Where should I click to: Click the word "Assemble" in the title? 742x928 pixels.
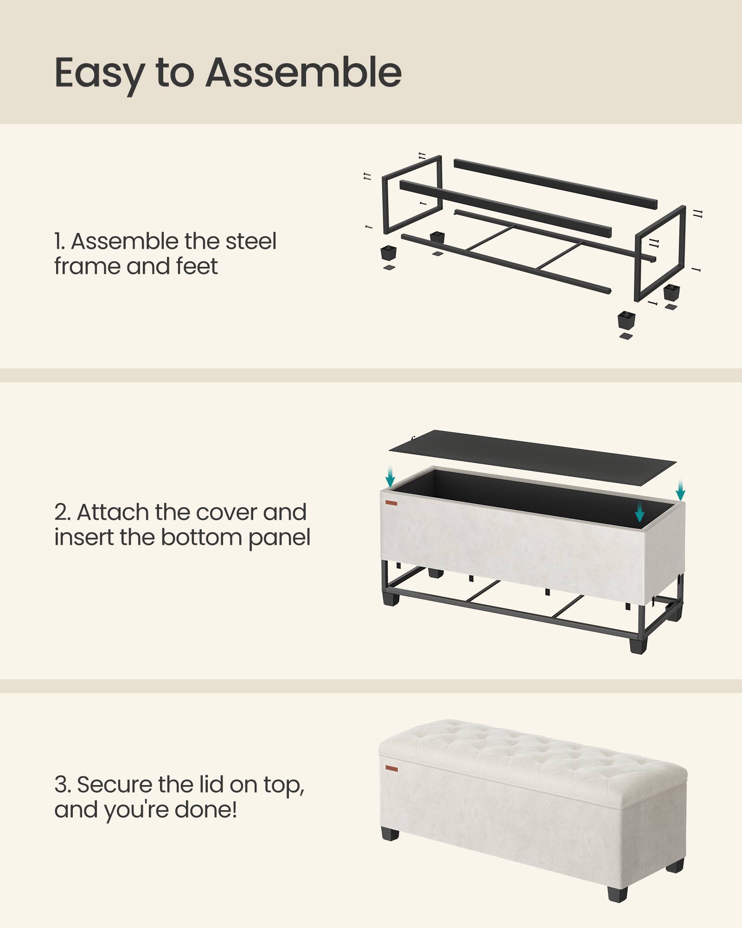(304, 72)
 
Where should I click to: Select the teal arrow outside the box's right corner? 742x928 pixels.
(680, 490)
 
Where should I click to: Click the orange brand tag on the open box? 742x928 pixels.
(391, 503)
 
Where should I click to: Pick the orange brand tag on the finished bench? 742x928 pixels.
(391, 768)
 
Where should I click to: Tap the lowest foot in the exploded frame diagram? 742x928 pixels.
(626, 320)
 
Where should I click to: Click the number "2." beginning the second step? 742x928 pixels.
(62, 512)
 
